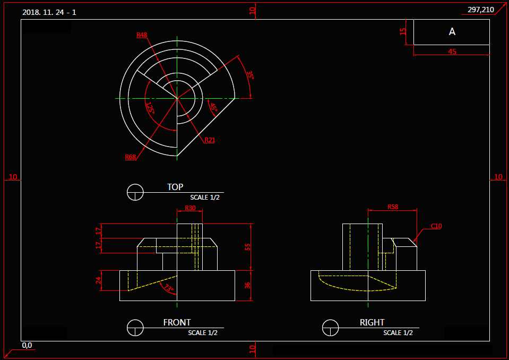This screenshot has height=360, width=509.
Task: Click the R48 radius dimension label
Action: (142, 35)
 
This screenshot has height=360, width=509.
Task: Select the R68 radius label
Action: (131, 157)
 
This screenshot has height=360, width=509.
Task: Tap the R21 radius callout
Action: (210, 140)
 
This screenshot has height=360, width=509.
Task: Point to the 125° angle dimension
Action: (150, 109)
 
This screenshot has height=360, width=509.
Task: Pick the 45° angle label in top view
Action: (213, 107)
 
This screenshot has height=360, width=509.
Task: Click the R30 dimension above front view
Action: (189, 208)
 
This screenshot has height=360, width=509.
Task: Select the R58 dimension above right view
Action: (393, 207)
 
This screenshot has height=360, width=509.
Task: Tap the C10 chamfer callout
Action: (436, 226)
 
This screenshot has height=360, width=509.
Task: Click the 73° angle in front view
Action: (169, 288)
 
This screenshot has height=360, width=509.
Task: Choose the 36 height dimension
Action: (247, 285)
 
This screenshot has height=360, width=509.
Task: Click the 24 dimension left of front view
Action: (98, 280)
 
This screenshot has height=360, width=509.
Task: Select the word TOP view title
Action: (175, 187)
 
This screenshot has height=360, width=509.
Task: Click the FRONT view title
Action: (177, 322)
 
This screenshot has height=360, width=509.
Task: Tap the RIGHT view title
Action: (372, 322)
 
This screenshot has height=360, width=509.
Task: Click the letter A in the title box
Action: (452, 32)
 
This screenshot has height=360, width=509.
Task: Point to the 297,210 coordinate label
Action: (480, 10)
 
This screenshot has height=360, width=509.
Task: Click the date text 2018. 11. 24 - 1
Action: (49, 12)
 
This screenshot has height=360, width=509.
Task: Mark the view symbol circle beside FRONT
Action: (135, 328)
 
